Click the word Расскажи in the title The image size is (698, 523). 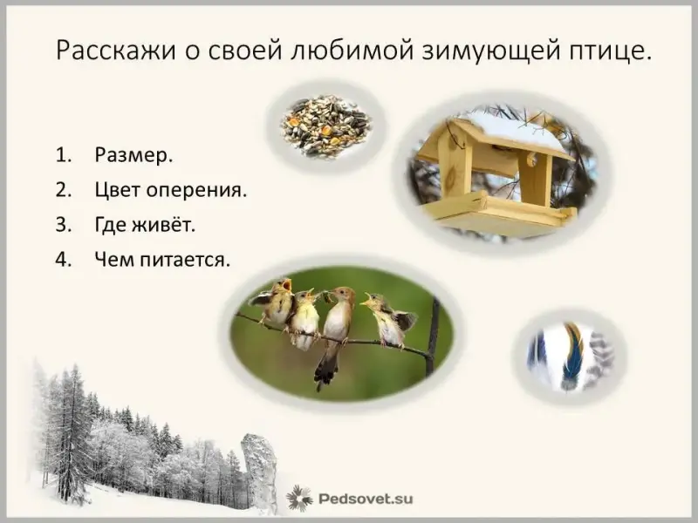(x=115, y=51)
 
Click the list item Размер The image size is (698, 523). (x=133, y=155)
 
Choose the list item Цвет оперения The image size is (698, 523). (x=170, y=190)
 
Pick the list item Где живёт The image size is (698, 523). (x=145, y=224)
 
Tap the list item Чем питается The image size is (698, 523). (x=162, y=259)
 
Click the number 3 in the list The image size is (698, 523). (x=63, y=225)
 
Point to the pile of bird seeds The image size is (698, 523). (x=325, y=126)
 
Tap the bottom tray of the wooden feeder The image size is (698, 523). (x=497, y=214)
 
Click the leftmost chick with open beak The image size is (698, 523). (x=274, y=302)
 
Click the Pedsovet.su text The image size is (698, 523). (x=366, y=499)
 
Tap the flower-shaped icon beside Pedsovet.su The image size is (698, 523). (x=298, y=498)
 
